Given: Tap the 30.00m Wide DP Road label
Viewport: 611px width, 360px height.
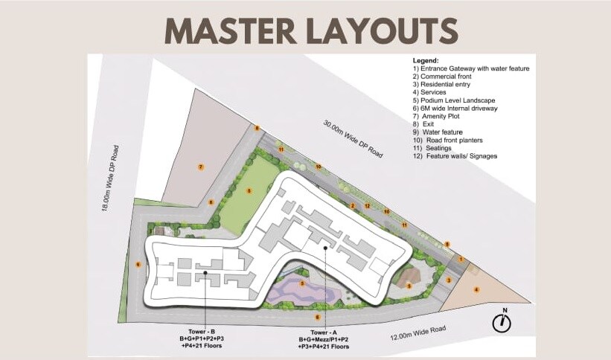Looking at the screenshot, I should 353,138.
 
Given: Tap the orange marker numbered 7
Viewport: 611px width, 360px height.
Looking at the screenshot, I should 200,167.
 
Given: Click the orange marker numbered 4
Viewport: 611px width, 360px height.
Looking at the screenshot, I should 476,289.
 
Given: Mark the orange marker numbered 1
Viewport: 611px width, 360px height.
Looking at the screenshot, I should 461,258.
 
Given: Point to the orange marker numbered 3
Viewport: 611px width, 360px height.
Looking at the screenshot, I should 449,280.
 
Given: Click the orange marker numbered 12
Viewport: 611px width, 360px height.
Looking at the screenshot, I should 368,206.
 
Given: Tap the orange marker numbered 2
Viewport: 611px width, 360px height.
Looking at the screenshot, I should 353,205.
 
